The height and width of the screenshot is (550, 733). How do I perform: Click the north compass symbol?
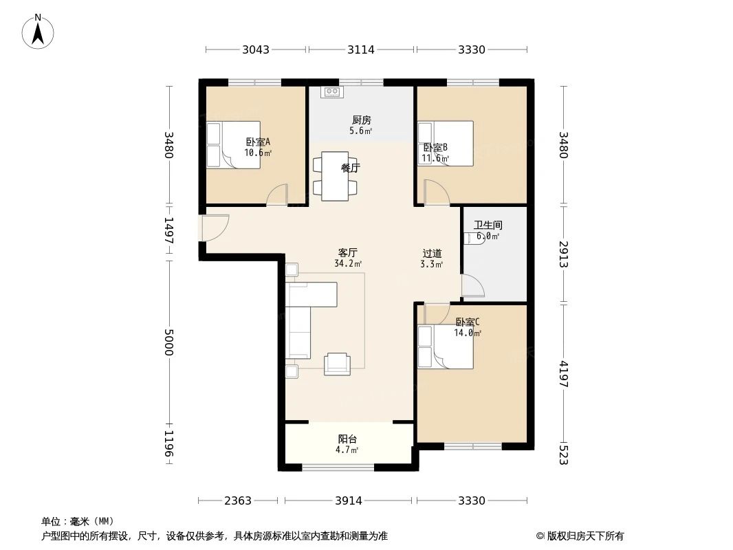[39, 31]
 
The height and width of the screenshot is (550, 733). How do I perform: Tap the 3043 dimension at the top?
[256, 49]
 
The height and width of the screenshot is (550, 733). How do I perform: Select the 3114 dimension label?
[360, 49]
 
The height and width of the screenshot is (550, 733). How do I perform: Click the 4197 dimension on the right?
[563, 374]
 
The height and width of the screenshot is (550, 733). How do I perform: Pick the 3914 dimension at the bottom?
[349, 500]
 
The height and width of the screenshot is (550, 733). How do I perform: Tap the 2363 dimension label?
[238, 500]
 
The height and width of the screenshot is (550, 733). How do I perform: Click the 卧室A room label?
[258, 142]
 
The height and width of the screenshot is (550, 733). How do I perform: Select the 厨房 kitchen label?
[361, 120]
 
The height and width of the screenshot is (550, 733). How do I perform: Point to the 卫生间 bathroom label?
[488, 225]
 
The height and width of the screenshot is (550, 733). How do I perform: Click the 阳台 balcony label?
[347, 439]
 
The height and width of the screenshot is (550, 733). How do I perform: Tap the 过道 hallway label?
[432, 253]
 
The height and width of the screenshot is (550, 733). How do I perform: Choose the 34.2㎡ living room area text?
[348, 263]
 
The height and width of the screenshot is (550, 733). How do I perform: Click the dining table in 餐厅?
[336, 176]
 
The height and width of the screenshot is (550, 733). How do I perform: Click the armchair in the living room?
[337, 363]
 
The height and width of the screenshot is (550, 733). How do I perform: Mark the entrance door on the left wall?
[214, 228]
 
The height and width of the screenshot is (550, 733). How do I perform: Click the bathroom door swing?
[472, 285]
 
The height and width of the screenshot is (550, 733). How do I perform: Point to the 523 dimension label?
[563, 455]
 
